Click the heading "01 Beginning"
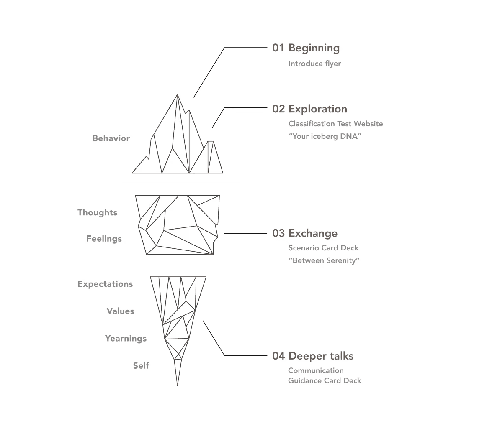pos(306,48)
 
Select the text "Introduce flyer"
pos(314,64)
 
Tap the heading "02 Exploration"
pos(309,109)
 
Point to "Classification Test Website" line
pos(335,124)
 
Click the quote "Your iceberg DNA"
pos(325,136)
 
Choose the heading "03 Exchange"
pos(304,233)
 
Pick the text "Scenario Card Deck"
pos(323,248)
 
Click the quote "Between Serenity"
pos(324,260)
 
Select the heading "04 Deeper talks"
pos(312,356)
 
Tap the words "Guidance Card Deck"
pos(325,380)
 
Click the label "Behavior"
pos(111,138)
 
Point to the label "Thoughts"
pos(97,212)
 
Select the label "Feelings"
pos(104,239)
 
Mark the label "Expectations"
pos(105,284)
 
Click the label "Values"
pos(120,311)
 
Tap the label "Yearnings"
pos(126,338)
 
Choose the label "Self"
pos(141,365)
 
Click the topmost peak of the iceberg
pos(178,95)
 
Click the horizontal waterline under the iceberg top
pos(177,184)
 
